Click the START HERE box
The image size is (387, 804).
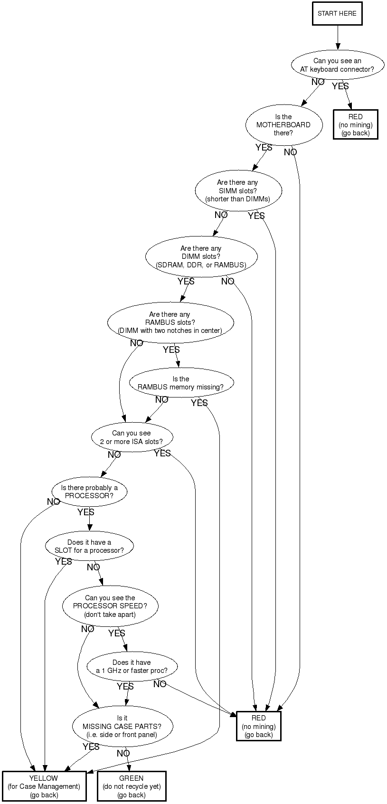pyautogui.click(x=337, y=13)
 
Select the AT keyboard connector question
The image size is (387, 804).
pyautogui.click(x=337, y=65)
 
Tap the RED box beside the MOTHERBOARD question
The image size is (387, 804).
pyautogui.click(x=355, y=124)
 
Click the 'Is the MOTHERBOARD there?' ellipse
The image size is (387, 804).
pyautogui.click(x=283, y=125)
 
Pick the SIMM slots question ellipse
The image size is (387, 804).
pyautogui.click(x=238, y=190)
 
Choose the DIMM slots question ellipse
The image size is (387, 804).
pyautogui.click(x=201, y=256)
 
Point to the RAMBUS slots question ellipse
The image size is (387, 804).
pyautogui.click(x=170, y=322)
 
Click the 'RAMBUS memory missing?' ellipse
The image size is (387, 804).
pyautogui.click(x=181, y=383)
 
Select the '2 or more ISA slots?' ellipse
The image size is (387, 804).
pyautogui.click(x=132, y=437)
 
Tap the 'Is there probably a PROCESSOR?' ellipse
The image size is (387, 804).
pyautogui.click(x=89, y=492)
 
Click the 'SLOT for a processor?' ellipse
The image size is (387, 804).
pyautogui.click(x=89, y=546)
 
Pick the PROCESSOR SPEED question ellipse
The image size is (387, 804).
pyautogui.click(x=110, y=606)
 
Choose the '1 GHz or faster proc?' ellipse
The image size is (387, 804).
pyautogui.click(x=132, y=666)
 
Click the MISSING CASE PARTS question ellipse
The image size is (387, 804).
pyautogui.click(x=122, y=726)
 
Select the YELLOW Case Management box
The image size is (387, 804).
pyautogui.click(x=44, y=786)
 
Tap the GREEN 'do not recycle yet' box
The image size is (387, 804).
pyautogui.click(x=132, y=786)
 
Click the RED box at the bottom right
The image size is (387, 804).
pyautogui.click(x=259, y=726)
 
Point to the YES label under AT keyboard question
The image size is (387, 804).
pyautogui.click(x=340, y=86)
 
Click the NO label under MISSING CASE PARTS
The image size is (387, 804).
pyautogui.click(x=123, y=753)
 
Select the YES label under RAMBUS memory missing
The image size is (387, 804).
pyautogui.click(x=199, y=403)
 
